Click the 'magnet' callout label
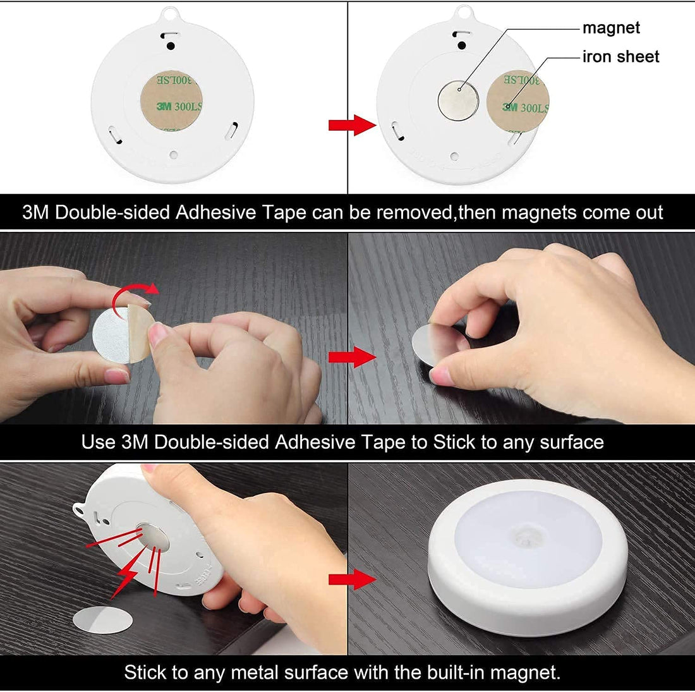(610, 28)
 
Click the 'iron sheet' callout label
(620, 57)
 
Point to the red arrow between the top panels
(351, 124)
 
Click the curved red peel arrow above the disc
(133, 294)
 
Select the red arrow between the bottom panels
(351, 579)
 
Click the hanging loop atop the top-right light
(464, 12)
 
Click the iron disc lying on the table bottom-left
(102, 619)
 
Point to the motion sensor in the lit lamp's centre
(526, 538)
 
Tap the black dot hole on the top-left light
(171, 46)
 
